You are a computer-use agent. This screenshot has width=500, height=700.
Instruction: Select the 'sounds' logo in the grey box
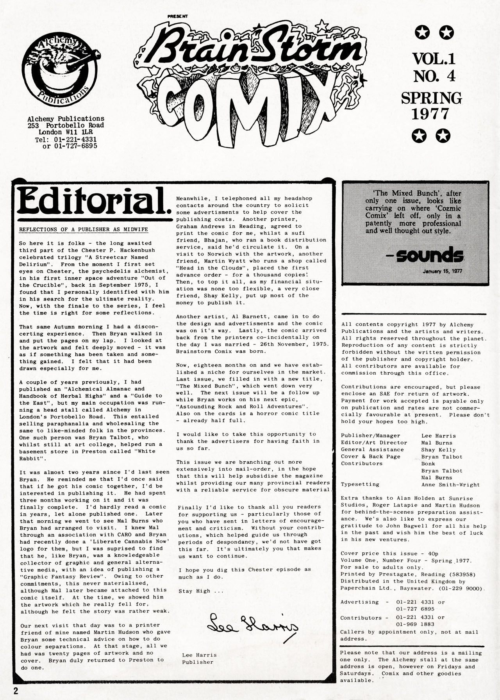[x=429, y=255]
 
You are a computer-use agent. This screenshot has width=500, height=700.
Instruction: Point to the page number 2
[x=16, y=691]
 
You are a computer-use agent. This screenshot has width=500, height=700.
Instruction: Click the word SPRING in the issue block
[x=431, y=98]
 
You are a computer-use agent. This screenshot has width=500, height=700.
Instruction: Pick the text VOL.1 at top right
[x=434, y=59]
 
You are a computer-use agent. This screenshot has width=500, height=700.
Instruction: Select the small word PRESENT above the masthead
[x=178, y=16]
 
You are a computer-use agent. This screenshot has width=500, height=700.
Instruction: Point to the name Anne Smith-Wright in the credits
[x=450, y=484]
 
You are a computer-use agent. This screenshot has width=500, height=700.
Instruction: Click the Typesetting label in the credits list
[x=360, y=484]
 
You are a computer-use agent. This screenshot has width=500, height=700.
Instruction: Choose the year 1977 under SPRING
[x=431, y=114]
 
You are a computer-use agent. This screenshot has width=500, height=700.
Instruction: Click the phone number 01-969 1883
[x=415, y=624]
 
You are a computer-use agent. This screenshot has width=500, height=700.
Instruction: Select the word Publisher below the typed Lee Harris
[x=198, y=662]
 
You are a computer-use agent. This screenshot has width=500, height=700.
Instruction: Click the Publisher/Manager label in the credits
[x=370, y=436]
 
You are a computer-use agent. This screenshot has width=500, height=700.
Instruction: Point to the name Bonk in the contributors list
[x=428, y=464]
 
